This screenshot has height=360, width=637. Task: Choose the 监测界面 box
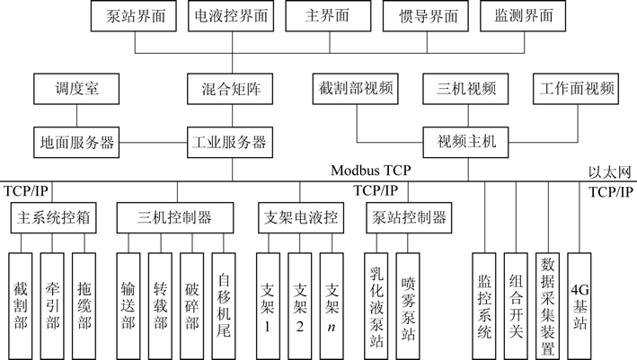click(523, 15)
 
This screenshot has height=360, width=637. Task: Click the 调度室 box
click(75, 90)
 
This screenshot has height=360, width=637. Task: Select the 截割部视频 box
click(356, 90)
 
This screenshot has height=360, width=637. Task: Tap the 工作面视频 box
click(577, 90)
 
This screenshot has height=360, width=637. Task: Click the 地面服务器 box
click(75, 142)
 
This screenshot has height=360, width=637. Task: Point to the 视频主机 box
click(466, 142)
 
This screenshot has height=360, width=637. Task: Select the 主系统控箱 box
click(53, 217)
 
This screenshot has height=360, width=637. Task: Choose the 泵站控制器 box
click(407, 217)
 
